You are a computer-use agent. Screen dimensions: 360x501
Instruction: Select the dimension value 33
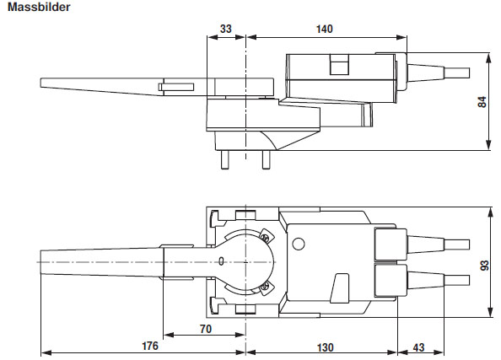click(x=225, y=29)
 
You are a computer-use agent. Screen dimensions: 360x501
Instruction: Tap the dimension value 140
click(x=324, y=29)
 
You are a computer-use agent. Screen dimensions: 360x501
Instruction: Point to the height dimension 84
click(x=482, y=102)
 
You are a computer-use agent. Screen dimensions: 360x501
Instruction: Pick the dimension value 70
click(x=205, y=328)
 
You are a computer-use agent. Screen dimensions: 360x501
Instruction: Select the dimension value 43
click(x=418, y=346)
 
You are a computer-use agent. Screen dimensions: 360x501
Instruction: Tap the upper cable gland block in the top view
click(x=387, y=245)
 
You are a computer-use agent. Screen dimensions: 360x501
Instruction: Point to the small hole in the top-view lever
click(x=221, y=261)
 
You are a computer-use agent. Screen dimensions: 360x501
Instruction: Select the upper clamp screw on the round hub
click(x=264, y=238)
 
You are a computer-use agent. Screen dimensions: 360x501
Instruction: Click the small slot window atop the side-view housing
click(x=338, y=63)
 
